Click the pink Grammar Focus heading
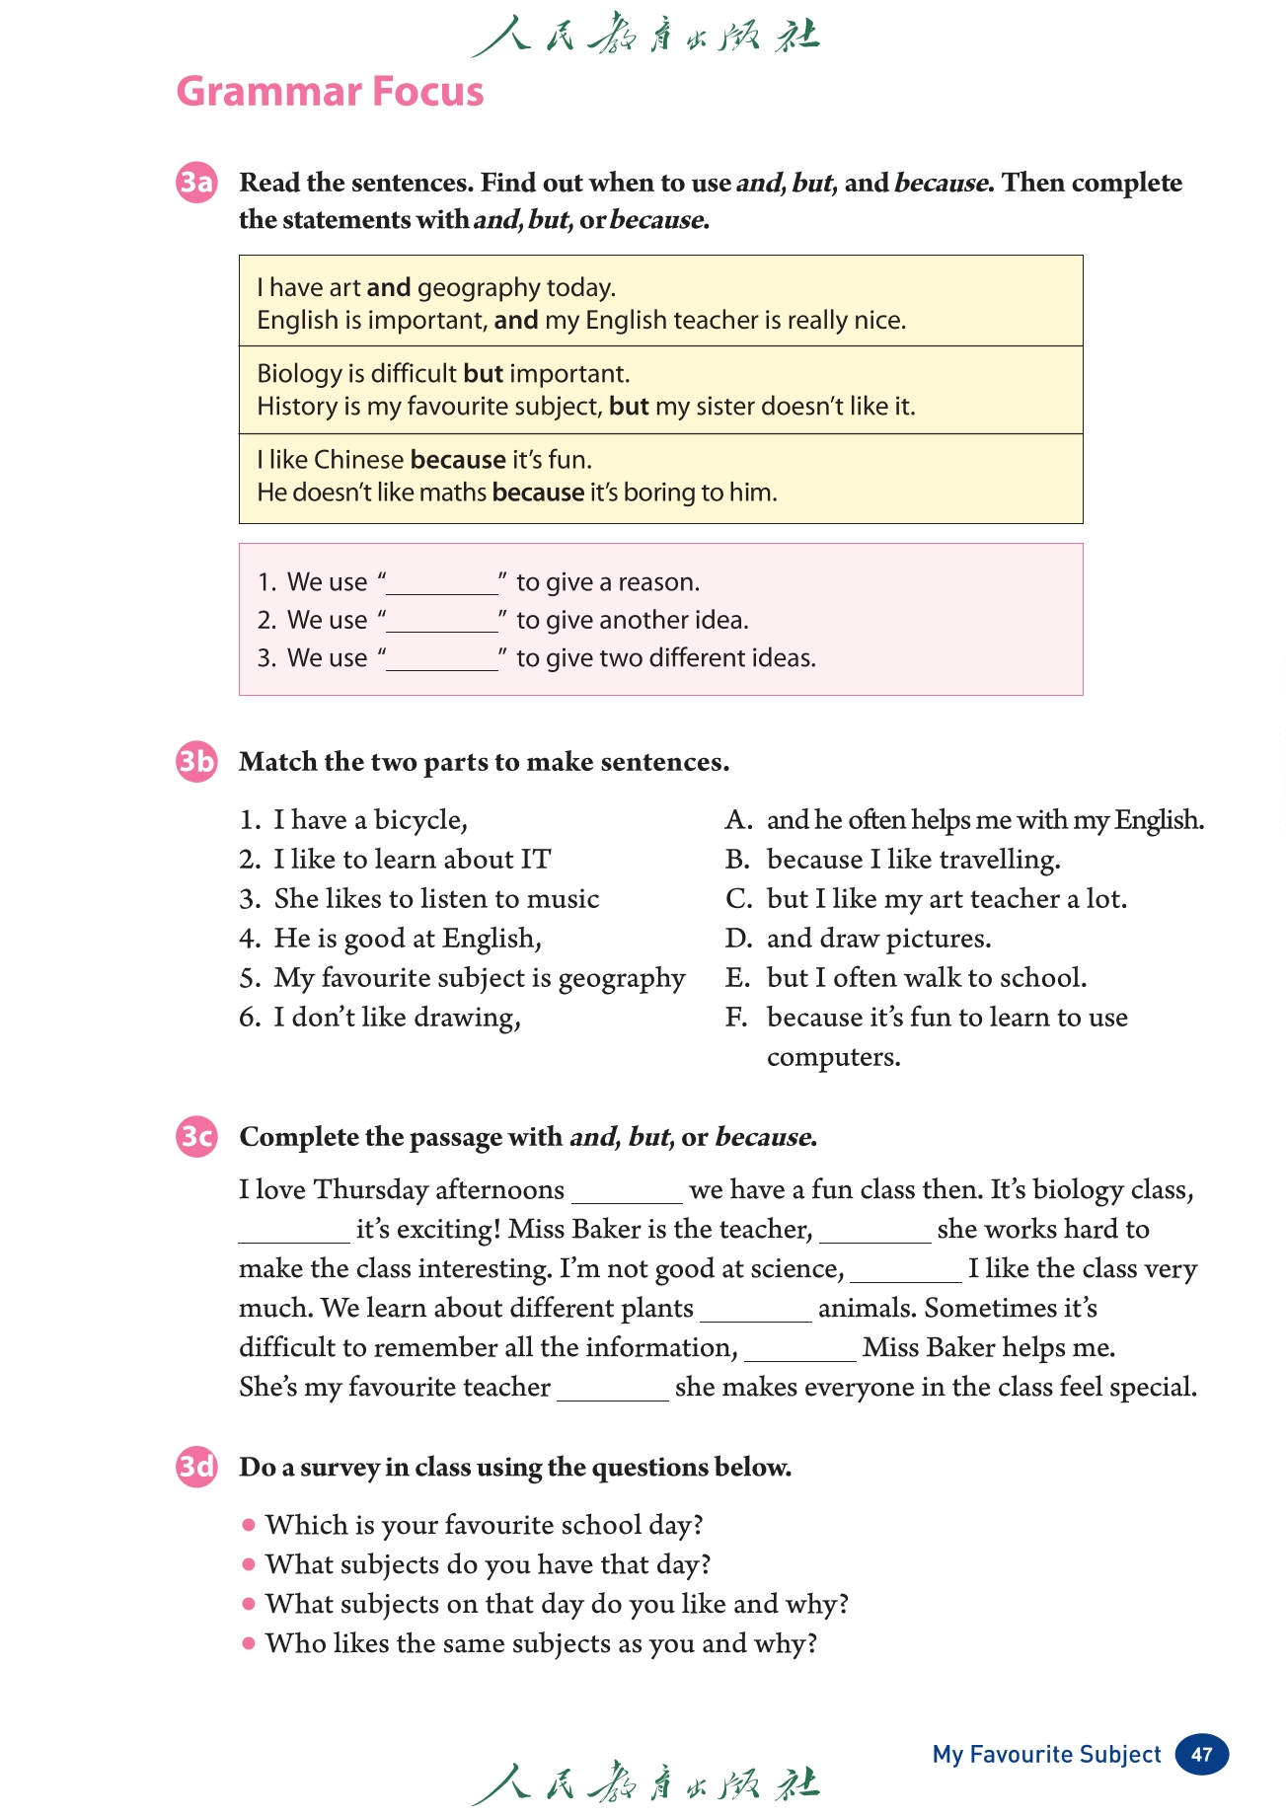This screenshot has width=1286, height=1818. point(330,92)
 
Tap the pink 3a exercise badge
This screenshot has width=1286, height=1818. point(196,184)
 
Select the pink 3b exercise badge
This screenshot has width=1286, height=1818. point(196,762)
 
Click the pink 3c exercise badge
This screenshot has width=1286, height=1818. point(196,1137)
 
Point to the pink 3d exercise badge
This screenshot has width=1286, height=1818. point(196,1467)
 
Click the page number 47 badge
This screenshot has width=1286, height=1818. point(1201,1754)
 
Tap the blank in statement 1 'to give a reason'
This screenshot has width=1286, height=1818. point(442,583)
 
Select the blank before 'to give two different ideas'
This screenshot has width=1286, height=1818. point(442,659)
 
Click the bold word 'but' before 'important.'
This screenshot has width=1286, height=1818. point(483,374)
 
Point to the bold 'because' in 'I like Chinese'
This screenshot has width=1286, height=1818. point(458,460)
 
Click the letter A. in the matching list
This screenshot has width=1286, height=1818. point(738,820)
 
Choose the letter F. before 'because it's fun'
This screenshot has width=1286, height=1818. point(736,1018)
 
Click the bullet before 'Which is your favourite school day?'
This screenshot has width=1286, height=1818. point(249,1525)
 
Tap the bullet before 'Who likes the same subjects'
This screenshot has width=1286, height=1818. point(249,1643)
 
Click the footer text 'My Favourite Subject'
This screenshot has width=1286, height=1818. point(1046,1754)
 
